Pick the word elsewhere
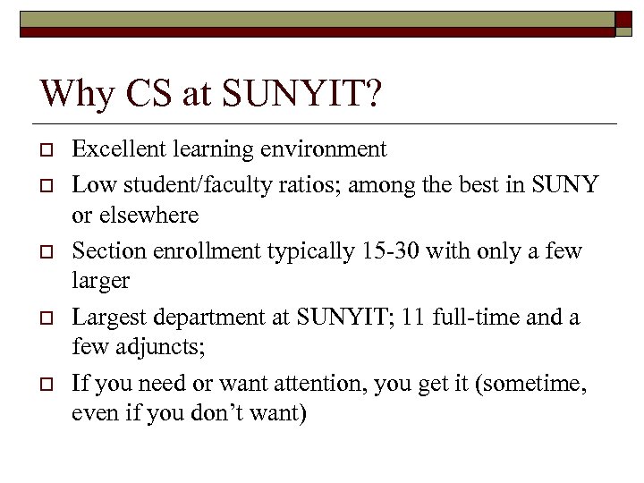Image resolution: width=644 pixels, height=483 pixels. [148, 216]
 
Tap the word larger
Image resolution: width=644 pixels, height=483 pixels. [101, 281]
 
